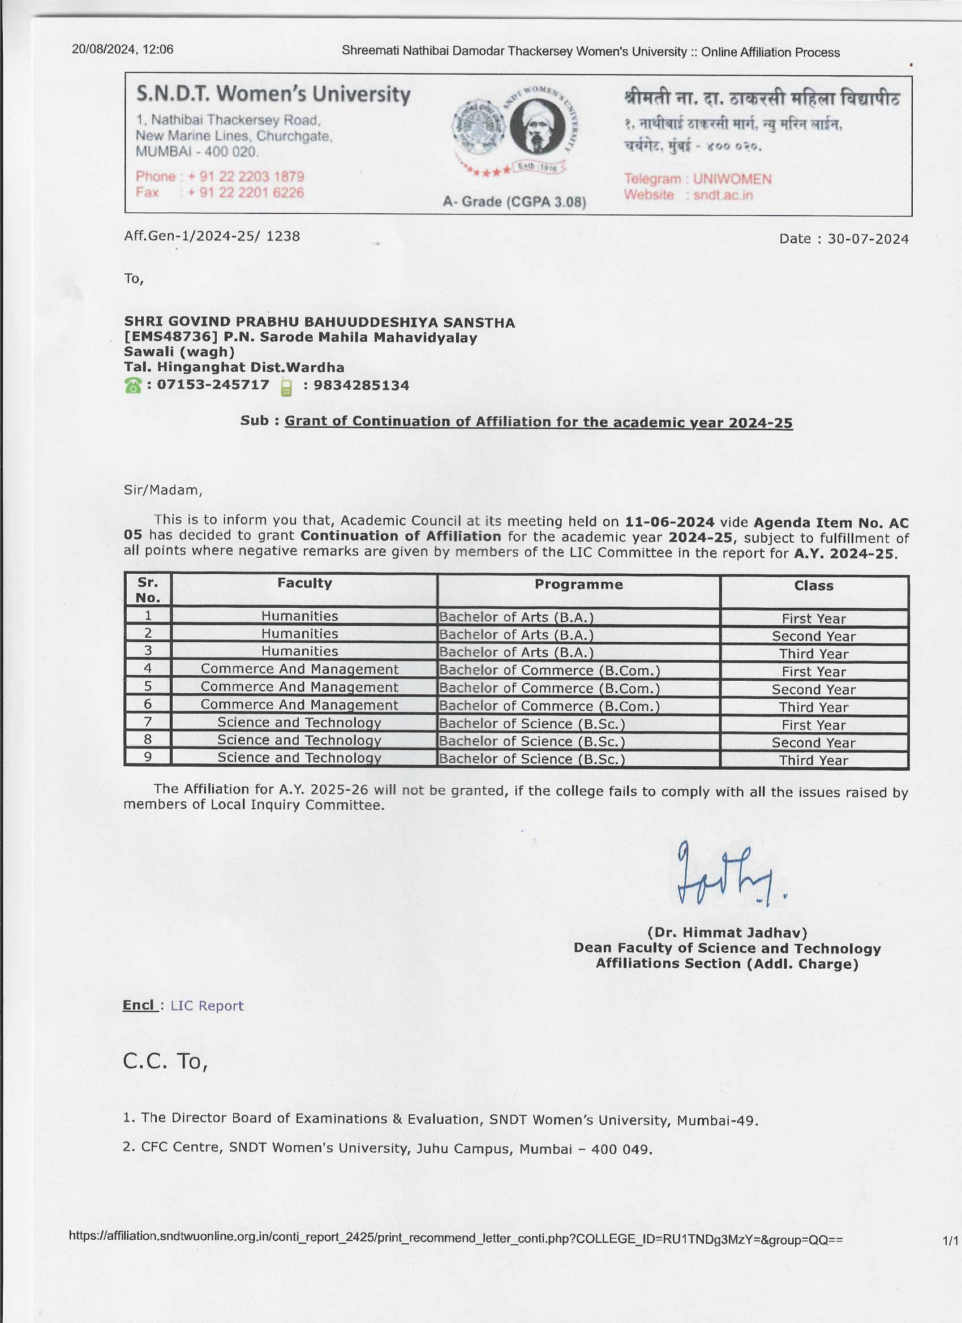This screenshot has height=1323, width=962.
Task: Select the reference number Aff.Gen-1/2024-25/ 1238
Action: pyautogui.click(x=212, y=237)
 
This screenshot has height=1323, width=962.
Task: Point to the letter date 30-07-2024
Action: pyautogui.click(x=867, y=239)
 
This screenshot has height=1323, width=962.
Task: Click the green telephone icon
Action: pyautogui.click(x=133, y=385)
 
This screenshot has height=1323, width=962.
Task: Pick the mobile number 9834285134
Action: pyautogui.click(x=361, y=385)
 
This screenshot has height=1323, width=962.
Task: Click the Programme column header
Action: pyautogui.click(x=578, y=585)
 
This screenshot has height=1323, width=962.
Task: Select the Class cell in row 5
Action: pyautogui.click(x=813, y=689)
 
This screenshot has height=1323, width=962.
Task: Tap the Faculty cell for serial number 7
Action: pyautogui.click(x=299, y=723)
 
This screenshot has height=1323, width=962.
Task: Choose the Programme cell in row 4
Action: pyautogui.click(x=549, y=670)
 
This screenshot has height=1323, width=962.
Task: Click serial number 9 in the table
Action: pyautogui.click(x=148, y=757)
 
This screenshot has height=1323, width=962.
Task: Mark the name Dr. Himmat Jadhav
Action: pyautogui.click(x=727, y=933)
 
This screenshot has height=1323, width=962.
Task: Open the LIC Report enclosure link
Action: pyautogui.click(x=207, y=1006)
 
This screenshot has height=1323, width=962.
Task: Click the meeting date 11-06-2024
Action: pyautogui.click(x=669, y=522)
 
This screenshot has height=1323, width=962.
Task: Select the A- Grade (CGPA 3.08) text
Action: pyautogui.click(x=514, y=202)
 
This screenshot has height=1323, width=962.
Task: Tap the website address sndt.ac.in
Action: pyautogui.click(x=723, y=195)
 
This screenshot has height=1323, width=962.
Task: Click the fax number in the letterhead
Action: pyautogui.click(x=246, y=193)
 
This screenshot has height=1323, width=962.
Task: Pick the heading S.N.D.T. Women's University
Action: pyautogui.click(x=273, y=94)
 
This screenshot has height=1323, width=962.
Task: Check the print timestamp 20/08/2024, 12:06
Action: pyautogui.click(x=122, y=50)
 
